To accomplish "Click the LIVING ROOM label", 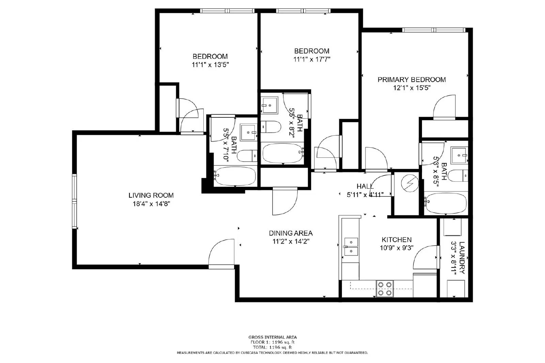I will (x=151, y=195).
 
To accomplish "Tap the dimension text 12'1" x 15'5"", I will (x=412, y=88).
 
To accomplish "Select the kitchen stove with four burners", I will (x=385, y=288).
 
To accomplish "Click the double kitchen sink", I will (x=351, y=247).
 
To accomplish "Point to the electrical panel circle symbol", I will (x=409, y=184).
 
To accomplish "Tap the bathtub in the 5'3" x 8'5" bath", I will (x=446, y=203).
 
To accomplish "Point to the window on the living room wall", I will (x=74, y=201).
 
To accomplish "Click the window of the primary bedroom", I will (x=434, y=30).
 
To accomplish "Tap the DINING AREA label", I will (x=291, y=233).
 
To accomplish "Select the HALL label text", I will (x=365, y=186).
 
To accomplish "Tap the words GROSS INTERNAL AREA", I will (x=272, y=337).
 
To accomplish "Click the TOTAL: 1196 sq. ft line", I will (x=272, y=347).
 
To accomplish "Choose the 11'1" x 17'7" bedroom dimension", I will (x=312, y=59).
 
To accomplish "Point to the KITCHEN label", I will (x=396, y=240).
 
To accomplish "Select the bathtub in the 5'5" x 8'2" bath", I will (x=282, y=153).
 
